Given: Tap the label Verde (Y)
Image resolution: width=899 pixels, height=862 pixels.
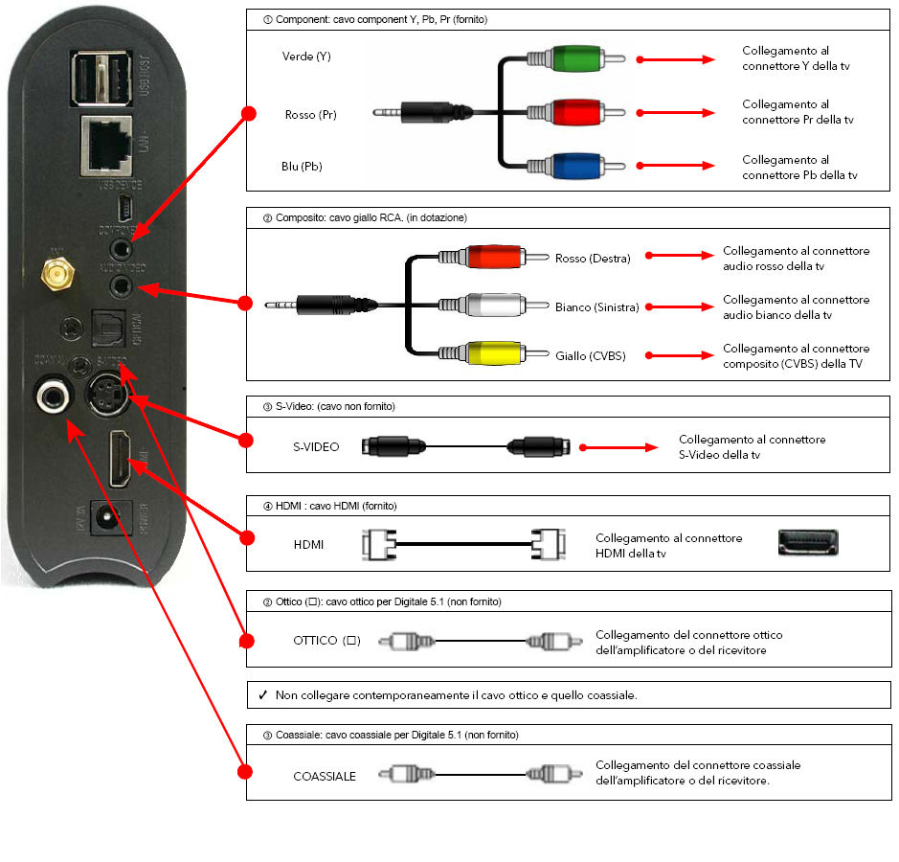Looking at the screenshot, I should [306, 57].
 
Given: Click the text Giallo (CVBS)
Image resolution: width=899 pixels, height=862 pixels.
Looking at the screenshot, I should [590, 356].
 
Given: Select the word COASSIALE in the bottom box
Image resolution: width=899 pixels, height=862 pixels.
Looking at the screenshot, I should [325, 776].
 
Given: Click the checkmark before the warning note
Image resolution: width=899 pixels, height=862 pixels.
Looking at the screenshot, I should [262, 695].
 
